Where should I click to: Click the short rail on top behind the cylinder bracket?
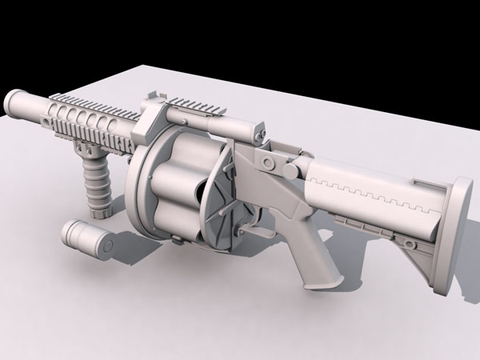[192, 105]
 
